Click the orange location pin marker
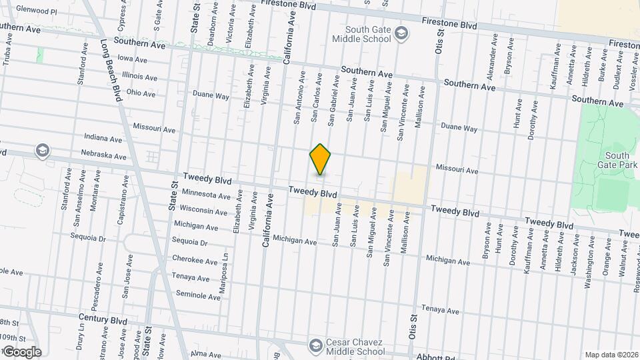pyautogui.click(x=321, y=159)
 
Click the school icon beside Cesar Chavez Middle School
pyautogui.click(x=316, y=345)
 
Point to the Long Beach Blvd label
pyautogui.click(x=111, y=69)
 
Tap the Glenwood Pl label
pyautogui.click(x=36, y=11)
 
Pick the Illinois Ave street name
pyautogui.click(x=139, y=77)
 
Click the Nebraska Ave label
pyautogui.click(x=105, y=157)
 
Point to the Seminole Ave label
pyautogui.click(x=197, y=294)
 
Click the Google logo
pyautogui.click(x=22, y=352)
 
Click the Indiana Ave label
pyautogui.click(x=103, y=139)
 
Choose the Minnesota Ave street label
pyautogui.click(x=205, y=195)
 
